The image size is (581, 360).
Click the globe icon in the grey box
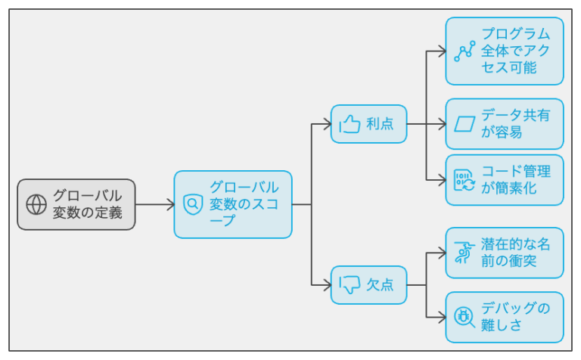36,204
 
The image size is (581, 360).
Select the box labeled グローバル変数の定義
76,204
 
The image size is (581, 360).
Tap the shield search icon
193,204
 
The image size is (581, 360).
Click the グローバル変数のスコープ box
233,204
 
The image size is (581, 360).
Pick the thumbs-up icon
350,124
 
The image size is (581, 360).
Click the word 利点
380,124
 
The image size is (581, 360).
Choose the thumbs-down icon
350,285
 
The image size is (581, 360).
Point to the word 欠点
380,285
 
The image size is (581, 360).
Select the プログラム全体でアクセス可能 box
505,51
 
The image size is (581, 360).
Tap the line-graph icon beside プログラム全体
464,51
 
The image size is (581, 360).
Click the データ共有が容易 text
515,124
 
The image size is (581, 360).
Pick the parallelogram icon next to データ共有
464,124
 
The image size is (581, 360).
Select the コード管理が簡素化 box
505,180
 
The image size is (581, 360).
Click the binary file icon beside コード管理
464,180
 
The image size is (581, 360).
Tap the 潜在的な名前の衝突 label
515,253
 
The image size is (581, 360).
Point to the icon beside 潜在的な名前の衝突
464,253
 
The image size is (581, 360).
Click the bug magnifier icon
464,318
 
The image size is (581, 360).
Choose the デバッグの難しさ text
515,317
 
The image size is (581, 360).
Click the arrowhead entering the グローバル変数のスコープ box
171,204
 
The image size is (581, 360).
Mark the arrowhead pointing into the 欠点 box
328,285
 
